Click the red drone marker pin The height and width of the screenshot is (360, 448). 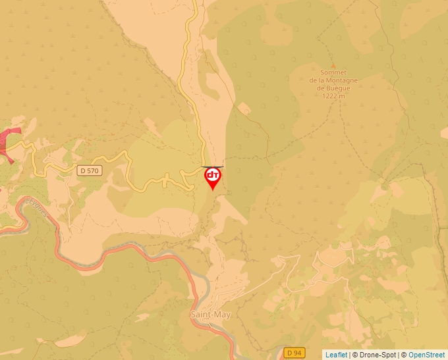(213, 178)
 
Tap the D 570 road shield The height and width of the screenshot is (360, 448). (89, 170)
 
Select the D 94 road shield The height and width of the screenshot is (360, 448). (294, 353)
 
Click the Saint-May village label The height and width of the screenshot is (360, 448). (210, 315)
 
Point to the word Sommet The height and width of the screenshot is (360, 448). (333, 73)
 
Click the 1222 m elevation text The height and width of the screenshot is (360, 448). (334, 95)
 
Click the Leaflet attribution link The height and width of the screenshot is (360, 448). (336, 355)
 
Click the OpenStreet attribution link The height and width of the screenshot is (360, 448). (427, 355)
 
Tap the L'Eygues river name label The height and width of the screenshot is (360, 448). (36, 208)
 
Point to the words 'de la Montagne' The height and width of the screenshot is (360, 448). (334, 81)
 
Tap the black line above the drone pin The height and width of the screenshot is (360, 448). (213, 167)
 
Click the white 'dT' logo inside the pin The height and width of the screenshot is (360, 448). (213, 176)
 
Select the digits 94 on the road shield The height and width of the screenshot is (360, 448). (298, 353)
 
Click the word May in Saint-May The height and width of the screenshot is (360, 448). (223, 315)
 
